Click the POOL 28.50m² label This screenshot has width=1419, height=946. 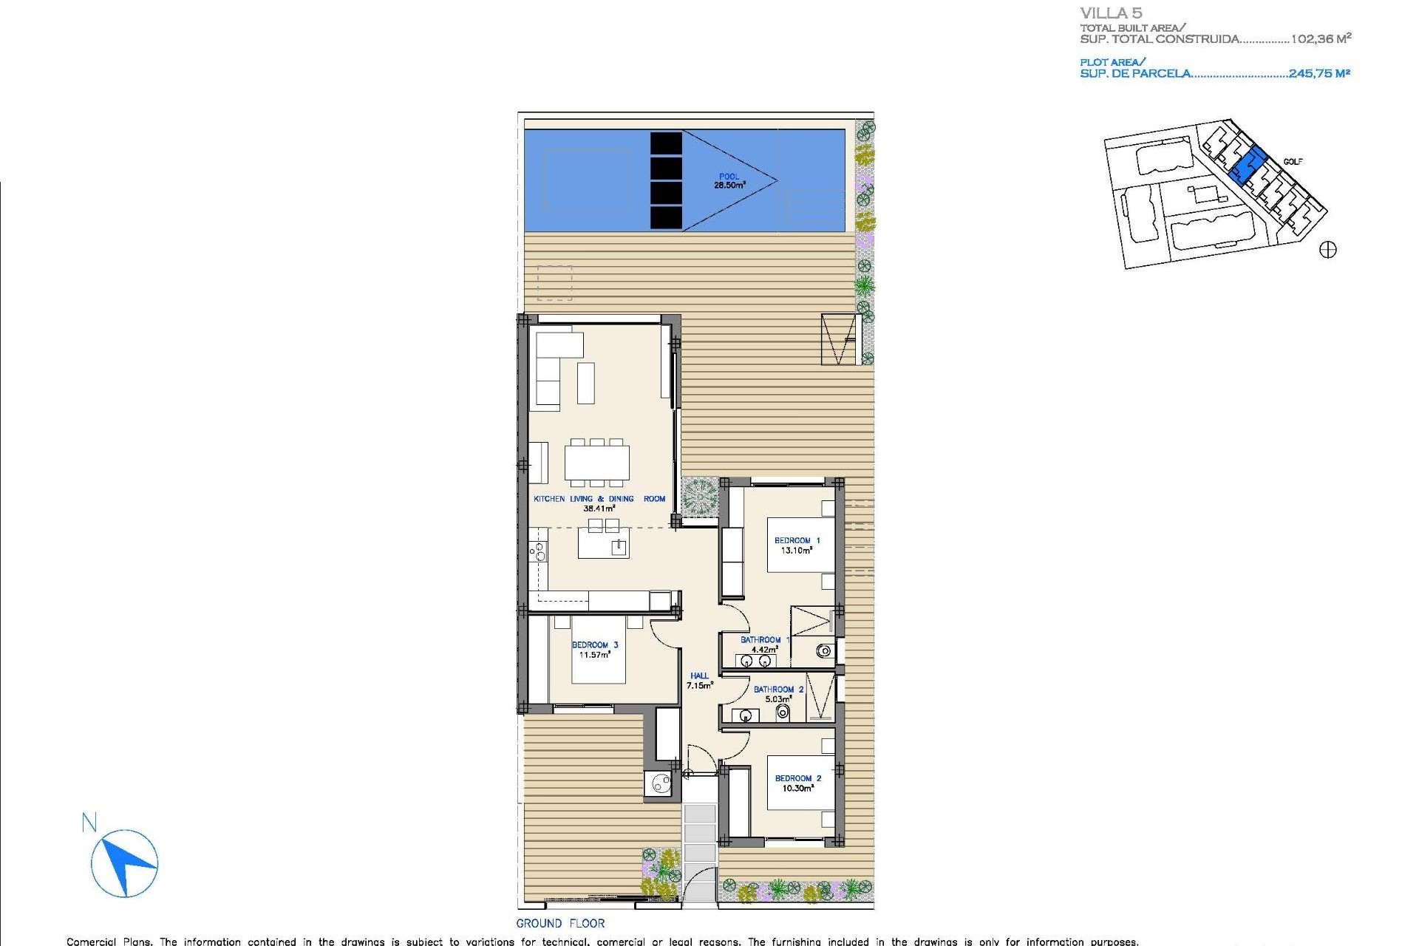click(x=729, y=181)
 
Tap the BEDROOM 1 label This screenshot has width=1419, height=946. click(x=797, y=545)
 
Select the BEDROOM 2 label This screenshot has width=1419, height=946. click(x=797, y=783)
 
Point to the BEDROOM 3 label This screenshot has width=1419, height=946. click(x=595, y=650)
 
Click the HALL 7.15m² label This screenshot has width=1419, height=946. click(x=699, y=681)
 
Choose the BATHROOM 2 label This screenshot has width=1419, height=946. click(x=778, y=694)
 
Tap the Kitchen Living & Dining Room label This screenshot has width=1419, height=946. click(x=599, y=503)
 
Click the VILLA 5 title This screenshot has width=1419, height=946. click(x=1111, y=13)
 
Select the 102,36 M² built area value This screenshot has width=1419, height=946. click(x=1321, y=39)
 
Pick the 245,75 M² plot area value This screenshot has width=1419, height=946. click(x=1319, y=73)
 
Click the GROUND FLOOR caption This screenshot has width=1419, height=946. click(x=560, y=923)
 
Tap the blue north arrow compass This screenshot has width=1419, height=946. click(x=125, y=863)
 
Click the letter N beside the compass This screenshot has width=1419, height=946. click(x=89, y=822)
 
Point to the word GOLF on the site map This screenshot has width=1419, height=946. click(x=1293, y=162)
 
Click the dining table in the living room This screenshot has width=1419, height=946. click(x=597, y=463)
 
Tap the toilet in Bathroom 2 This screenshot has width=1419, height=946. click(x=783, y=712)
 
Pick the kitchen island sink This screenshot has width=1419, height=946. click(x=619, y=547)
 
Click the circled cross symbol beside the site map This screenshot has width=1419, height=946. click(x=1327, y=250)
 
